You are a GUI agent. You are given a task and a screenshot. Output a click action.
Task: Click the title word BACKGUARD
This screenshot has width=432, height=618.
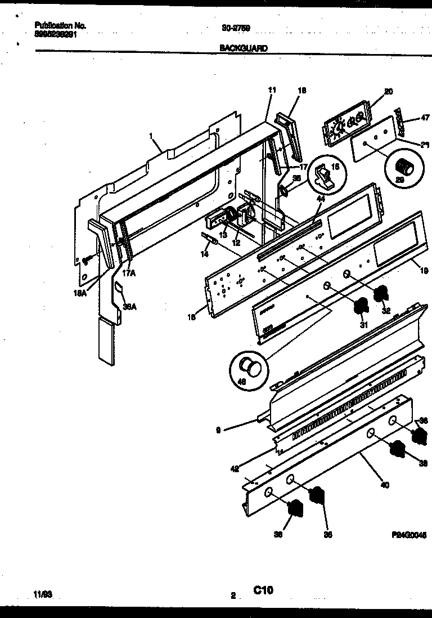[243, 48]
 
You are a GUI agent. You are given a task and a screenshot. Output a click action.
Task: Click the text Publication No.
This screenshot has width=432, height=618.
[60, 25]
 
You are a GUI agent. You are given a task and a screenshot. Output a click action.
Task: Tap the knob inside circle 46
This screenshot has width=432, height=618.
[249, 369]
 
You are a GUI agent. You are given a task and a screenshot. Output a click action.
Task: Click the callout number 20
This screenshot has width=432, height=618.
[388, 92]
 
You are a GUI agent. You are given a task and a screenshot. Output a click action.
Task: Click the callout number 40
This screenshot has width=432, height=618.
[385, 485]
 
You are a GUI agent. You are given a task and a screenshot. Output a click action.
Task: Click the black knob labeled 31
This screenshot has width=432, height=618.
[359, 307]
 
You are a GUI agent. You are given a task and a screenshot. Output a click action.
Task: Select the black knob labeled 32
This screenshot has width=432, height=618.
[381, 293]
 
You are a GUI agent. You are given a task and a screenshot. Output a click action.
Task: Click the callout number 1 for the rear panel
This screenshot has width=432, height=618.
[151, 135]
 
